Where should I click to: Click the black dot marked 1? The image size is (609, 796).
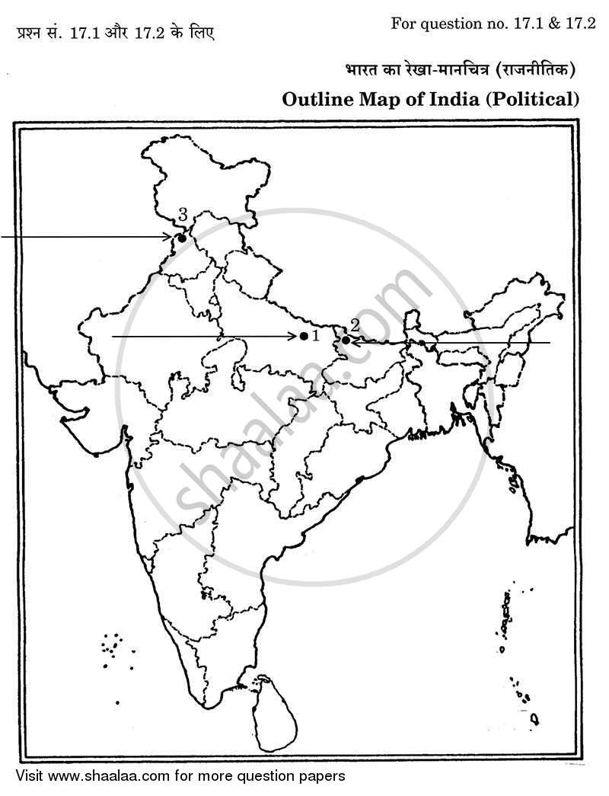click(x=304, y=336)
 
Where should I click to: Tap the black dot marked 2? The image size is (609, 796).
click(x=346, y=340)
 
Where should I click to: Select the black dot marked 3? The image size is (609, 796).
click(x=181, y=238)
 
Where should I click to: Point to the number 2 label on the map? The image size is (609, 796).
click(x=355, y=324)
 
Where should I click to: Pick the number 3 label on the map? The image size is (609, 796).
click(x=183, y=215)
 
